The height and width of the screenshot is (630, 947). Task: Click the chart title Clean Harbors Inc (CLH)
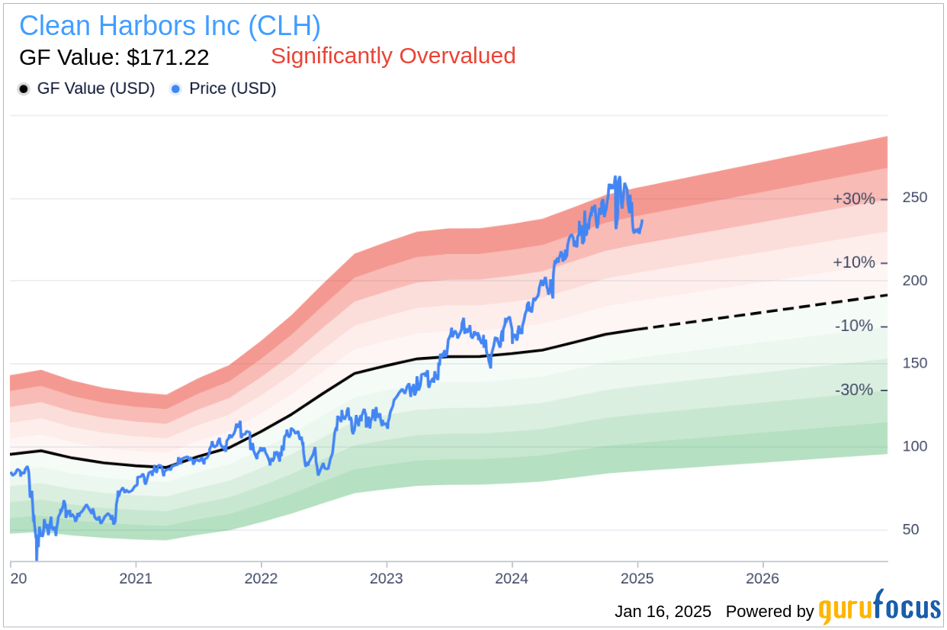(x=169, y=26)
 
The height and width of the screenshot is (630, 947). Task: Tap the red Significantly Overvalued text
(x=393, y=56)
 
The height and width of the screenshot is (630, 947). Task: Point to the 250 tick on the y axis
(x=915, y=198)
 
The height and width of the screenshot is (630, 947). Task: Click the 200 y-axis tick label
(x=915, y=281)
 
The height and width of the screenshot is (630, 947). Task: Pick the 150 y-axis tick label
(x=915, y=363)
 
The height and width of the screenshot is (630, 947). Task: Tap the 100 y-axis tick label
(x=915, y=446)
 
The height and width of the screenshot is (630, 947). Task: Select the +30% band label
(x=853, y=199)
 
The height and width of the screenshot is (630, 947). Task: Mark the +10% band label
(x=853, y=262)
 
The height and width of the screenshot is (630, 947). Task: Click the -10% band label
(x=855, y=326)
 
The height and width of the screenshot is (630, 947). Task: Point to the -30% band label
(x=855, y=390)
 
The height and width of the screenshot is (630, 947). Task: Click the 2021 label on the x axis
(x=136, y=579)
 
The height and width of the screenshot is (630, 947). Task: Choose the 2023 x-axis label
(x=387, y=579)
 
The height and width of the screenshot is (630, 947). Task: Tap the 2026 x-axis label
(x=762, y=579)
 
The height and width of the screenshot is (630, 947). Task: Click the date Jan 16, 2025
(x=663, y=612)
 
